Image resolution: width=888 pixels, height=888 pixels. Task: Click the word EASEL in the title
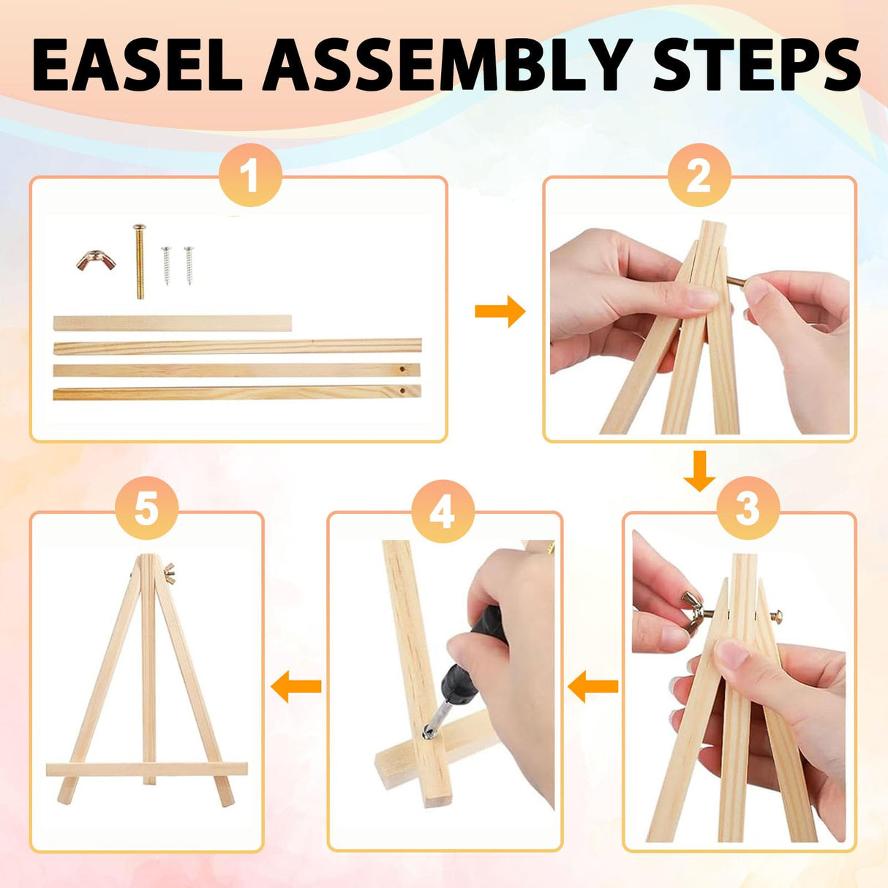[x=137, y=65]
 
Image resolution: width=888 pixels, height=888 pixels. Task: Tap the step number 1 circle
[x=250, y=175]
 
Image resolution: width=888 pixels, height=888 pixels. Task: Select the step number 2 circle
[x=699, y=175]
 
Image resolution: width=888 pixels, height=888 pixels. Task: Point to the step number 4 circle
[x=443, y=511]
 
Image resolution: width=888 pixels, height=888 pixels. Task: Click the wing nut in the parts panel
[x=96, y=260]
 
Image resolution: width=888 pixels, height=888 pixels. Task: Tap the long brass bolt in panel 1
[x=140, y=261]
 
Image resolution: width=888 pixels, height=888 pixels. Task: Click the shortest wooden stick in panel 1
[x=173, y=323]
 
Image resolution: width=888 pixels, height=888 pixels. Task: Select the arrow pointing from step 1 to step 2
[x=500, y=312]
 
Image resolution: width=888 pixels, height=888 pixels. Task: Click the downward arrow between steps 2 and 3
[x=699, y=470]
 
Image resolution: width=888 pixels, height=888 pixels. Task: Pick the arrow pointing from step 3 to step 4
[x=593, y=687]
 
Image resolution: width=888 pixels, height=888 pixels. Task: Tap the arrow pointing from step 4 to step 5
[x=296, y=687]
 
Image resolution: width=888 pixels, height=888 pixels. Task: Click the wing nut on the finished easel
[x=169, y=573]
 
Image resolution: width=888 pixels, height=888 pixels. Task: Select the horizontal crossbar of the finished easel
[x=146, y=769]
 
